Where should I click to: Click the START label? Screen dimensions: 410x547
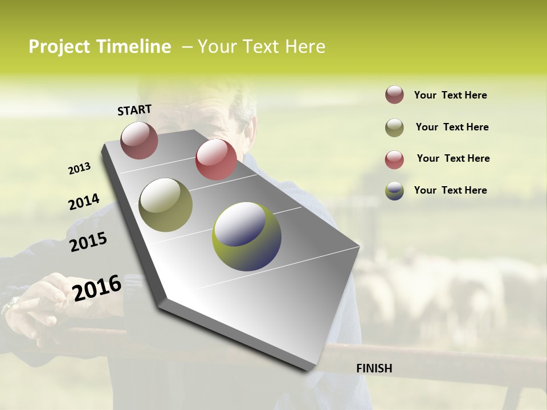(x=134, y=110)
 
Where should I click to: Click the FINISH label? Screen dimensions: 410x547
(x=374, y=368)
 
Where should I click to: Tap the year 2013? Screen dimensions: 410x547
(x=80, y=169)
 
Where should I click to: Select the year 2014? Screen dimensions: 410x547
(x=84, y=202)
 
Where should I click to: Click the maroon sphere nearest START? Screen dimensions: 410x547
(x=139, y=140)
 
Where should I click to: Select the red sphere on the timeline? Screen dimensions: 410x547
(x=216, y=159)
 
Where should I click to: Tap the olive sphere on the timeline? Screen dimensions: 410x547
(x=165, y=205)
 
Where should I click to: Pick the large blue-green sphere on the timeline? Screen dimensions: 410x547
(x=247, y=236)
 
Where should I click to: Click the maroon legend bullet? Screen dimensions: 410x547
(x=394, y=95)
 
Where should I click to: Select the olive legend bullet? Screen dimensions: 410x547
(x=394, y=128)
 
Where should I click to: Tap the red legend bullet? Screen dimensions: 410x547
(x=394, y=159)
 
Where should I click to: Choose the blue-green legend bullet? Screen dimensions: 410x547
(x=394, y=191)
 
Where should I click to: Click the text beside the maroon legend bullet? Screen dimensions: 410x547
(x=450, y=96)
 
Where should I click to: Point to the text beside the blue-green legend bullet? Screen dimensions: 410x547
(x=450, y=190)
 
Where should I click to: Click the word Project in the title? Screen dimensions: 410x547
(x=59, y=47)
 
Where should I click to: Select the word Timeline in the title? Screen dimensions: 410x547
(x=133, y=47)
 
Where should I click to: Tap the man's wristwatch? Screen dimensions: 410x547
(x=9, y=306)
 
